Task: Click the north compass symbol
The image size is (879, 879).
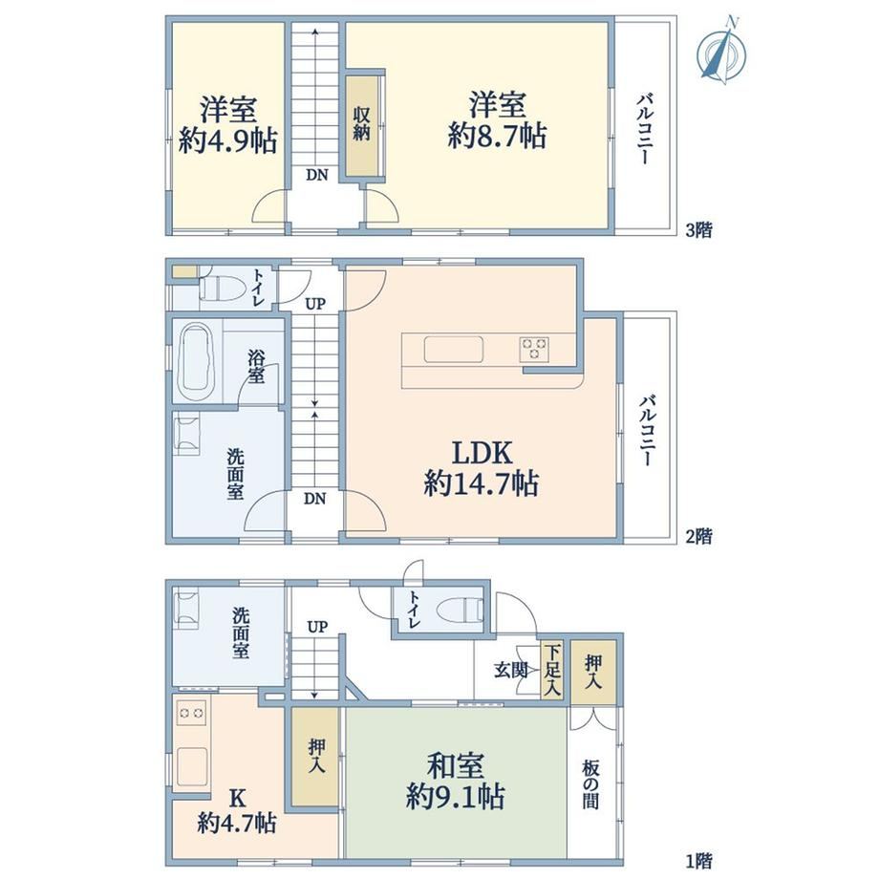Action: coord(722,52)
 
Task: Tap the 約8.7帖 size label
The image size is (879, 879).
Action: coord(497,137)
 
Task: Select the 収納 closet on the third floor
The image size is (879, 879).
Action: coord(362,124)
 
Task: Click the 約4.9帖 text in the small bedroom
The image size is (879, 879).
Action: coord(227,140)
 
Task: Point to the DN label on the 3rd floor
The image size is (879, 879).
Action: coord(317,175)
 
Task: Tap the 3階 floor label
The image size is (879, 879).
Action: coord(699,229)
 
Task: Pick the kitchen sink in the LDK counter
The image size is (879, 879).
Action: coord(454,350)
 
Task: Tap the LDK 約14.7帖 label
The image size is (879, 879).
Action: coord(482,468)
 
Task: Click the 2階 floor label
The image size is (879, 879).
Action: coord(699,537)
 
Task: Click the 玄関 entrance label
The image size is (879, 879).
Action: coord(510,670)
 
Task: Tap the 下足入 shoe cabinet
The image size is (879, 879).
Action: coord(552,671)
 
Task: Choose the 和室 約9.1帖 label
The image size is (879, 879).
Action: coord(455,781)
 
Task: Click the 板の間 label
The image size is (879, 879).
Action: coord(590,784)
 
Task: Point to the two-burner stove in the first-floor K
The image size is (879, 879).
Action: coord(191,713)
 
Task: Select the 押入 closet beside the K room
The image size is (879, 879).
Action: coord(315,757)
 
